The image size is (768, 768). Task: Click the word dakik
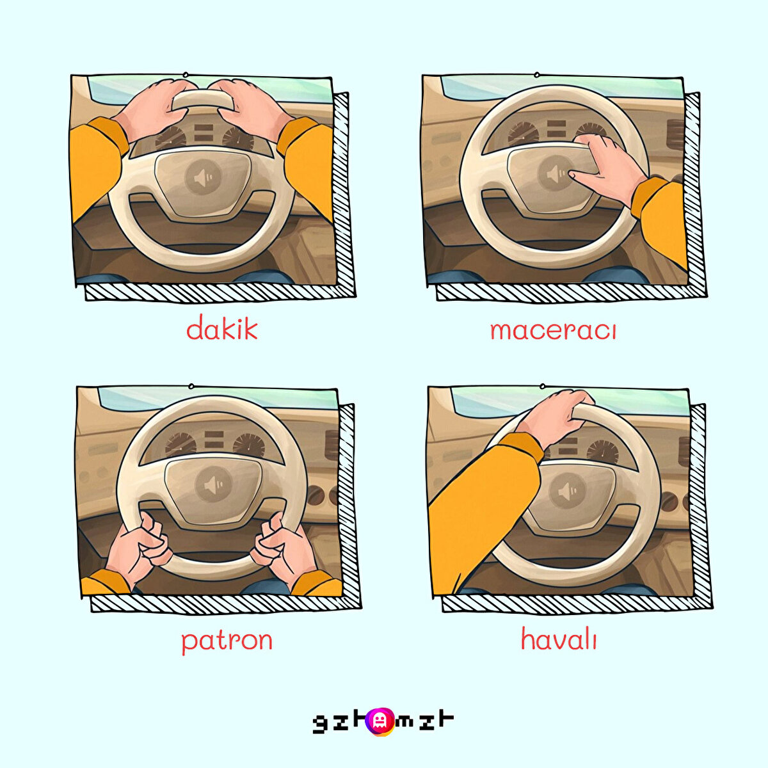click(x=221, y=328)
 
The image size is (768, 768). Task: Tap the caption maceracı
click(x=553, y=331)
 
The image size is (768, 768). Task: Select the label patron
click(x=227, y=641)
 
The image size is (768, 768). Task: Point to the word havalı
click(x=559, y=638)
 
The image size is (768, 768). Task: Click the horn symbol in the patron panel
click(x=213, y=485)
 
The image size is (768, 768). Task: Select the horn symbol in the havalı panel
click(x=567, y=491)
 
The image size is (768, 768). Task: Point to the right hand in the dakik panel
click(x=251, y=109)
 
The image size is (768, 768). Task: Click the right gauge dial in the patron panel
click(x=249, y=447)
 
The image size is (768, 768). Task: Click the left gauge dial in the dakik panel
click(x=171, y=138)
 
